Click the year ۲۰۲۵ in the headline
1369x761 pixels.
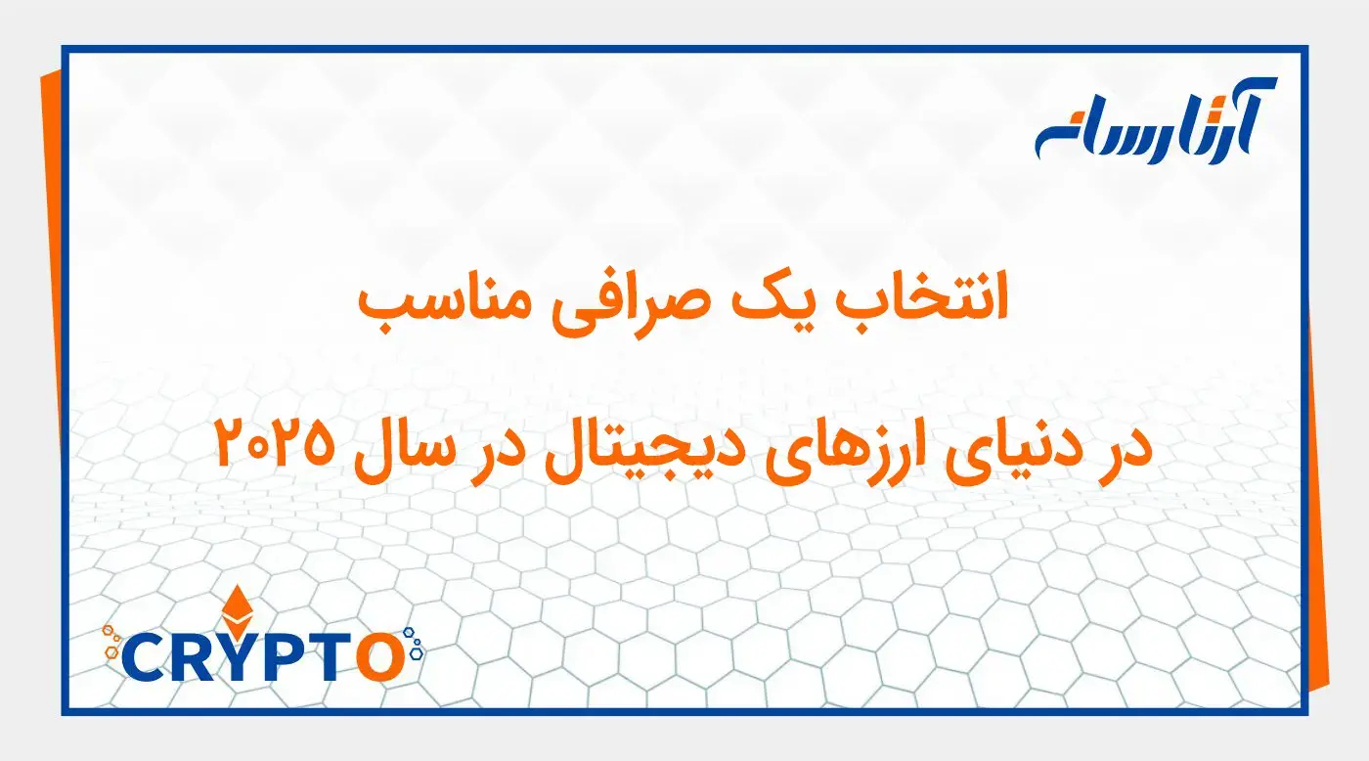[x=270, y=446]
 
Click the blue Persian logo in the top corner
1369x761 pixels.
[x=1155, y=122]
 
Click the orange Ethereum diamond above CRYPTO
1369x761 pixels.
[x=235, y=609]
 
